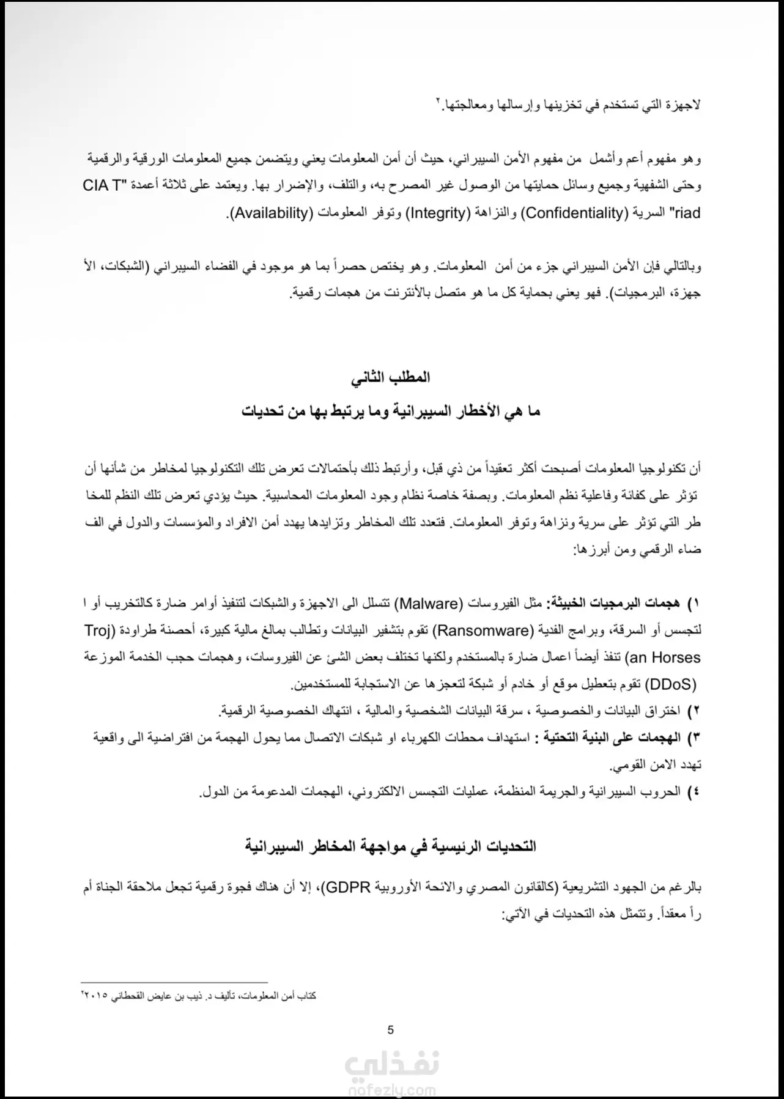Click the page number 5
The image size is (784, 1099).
391,1029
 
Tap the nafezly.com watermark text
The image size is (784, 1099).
391,1090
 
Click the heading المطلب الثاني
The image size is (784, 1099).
390,377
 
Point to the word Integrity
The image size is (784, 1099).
437,213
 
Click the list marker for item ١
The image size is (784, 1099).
693,604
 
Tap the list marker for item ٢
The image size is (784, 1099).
693,711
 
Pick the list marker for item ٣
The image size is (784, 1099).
693,738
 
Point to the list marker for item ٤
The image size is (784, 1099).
693,792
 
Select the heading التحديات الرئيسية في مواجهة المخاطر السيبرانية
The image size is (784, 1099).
390,846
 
